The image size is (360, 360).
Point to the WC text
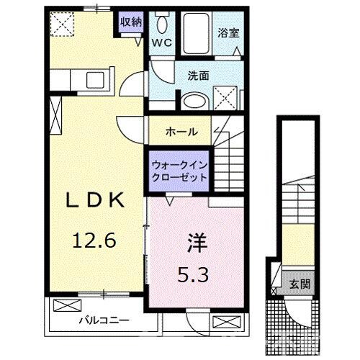pyautogui.click(x=161, y=42)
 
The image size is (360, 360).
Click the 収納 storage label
pyautogui.click(x=131, y=21)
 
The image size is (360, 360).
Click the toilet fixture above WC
pyautogui.click(x=161, y=24)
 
